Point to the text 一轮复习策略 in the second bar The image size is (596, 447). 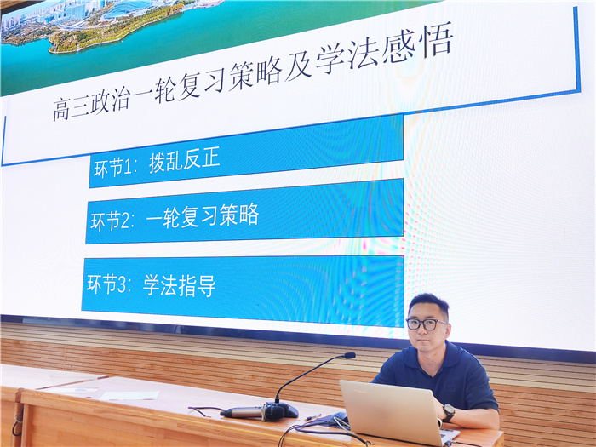click(x=202, y=215)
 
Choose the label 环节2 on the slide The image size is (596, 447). click(x=112, y=221)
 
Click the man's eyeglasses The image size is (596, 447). click(x=425, y=324)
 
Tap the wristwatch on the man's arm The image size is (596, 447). click(x=448, y=412)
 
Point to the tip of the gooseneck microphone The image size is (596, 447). click(x=349, y=355)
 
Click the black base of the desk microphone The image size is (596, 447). click(x=279, y=411)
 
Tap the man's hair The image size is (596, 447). click(x=427, y=301)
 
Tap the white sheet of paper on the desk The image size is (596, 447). click(x=128, y=395)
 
